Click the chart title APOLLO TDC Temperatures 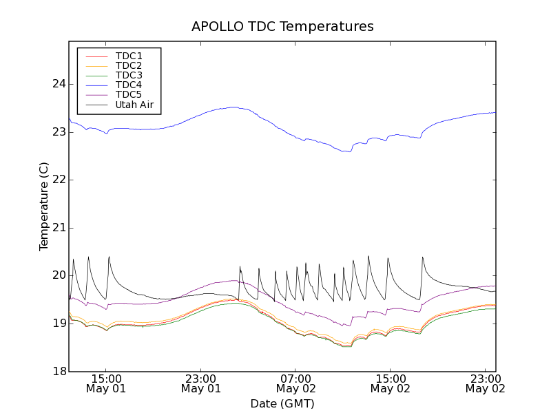[282, 27]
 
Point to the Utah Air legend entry [134, 105]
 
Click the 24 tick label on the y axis [58, 84]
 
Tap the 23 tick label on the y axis [58, 132]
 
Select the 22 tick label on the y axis [58, 180]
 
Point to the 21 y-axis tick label [58, 228]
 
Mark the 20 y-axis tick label [58, 275]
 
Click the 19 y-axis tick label [58, 324]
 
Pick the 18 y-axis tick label [58, 372]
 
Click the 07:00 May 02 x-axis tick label [295, 383]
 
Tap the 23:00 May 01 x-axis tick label [201, 383]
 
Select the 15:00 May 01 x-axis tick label [106, 383]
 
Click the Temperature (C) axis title [44, 206]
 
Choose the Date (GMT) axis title [282, 403]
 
